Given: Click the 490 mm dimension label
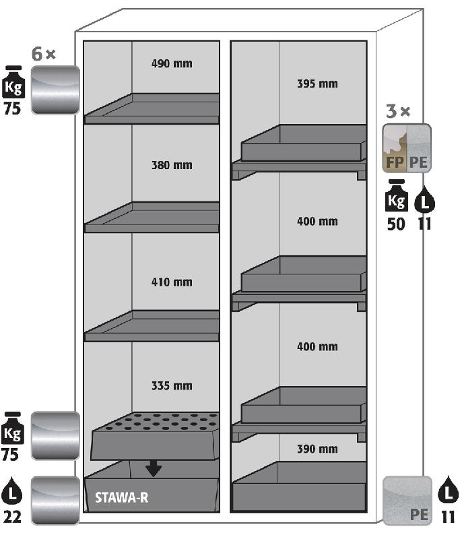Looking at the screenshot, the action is point(172,63).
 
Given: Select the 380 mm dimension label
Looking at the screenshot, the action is point(172,165).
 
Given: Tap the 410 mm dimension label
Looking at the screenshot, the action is point(172,282).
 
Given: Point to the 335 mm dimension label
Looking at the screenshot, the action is point(172,385).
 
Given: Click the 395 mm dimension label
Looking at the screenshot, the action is point(317,84).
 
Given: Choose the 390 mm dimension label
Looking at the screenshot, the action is point(317,449).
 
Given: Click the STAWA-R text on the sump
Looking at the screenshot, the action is point(122,497).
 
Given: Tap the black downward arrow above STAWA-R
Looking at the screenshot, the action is point(154,469).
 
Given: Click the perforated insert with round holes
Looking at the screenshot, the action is point(155,436).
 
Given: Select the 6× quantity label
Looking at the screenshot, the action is point(43,54).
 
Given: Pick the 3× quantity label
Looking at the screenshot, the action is point(398,111).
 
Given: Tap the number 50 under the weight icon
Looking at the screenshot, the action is point(396,224).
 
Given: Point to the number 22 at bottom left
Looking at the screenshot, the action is point(12,517).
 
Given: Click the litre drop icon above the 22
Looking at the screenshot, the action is point(11,490).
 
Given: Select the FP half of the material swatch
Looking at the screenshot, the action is point(395,148).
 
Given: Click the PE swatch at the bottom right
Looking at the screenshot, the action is point(407,501).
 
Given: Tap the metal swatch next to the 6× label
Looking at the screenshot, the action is point(55,90).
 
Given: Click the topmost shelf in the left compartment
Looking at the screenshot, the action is point(152,108).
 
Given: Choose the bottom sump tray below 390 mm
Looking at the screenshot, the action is point(299,486).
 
